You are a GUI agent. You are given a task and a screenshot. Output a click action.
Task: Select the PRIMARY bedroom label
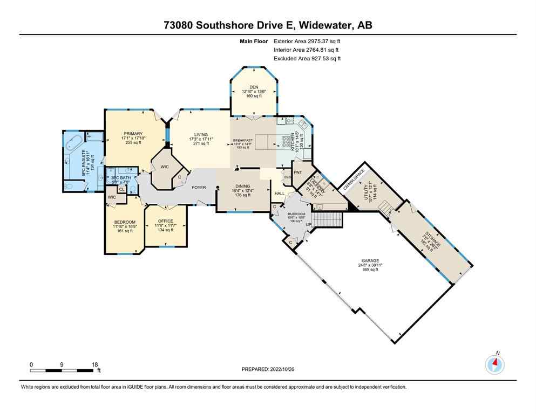[x=133, y=134]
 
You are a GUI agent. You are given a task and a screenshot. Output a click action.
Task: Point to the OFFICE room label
[x=165, y=221]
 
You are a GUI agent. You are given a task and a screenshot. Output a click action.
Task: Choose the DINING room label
[x=242, y=185]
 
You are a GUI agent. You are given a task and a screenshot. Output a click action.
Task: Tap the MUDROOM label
[x=295, y=212]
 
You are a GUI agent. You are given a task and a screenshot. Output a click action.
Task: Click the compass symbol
[x=494, y=365]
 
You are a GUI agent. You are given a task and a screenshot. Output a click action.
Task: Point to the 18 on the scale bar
[x=94, y=364]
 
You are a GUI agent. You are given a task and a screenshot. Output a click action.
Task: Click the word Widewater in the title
[x=320, y=25]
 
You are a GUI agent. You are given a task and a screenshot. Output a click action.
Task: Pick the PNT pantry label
[x=297, y=172]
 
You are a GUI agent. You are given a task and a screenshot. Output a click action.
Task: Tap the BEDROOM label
[x=124, y=222]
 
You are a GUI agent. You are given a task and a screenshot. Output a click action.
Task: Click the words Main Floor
[x=254, y=41]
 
